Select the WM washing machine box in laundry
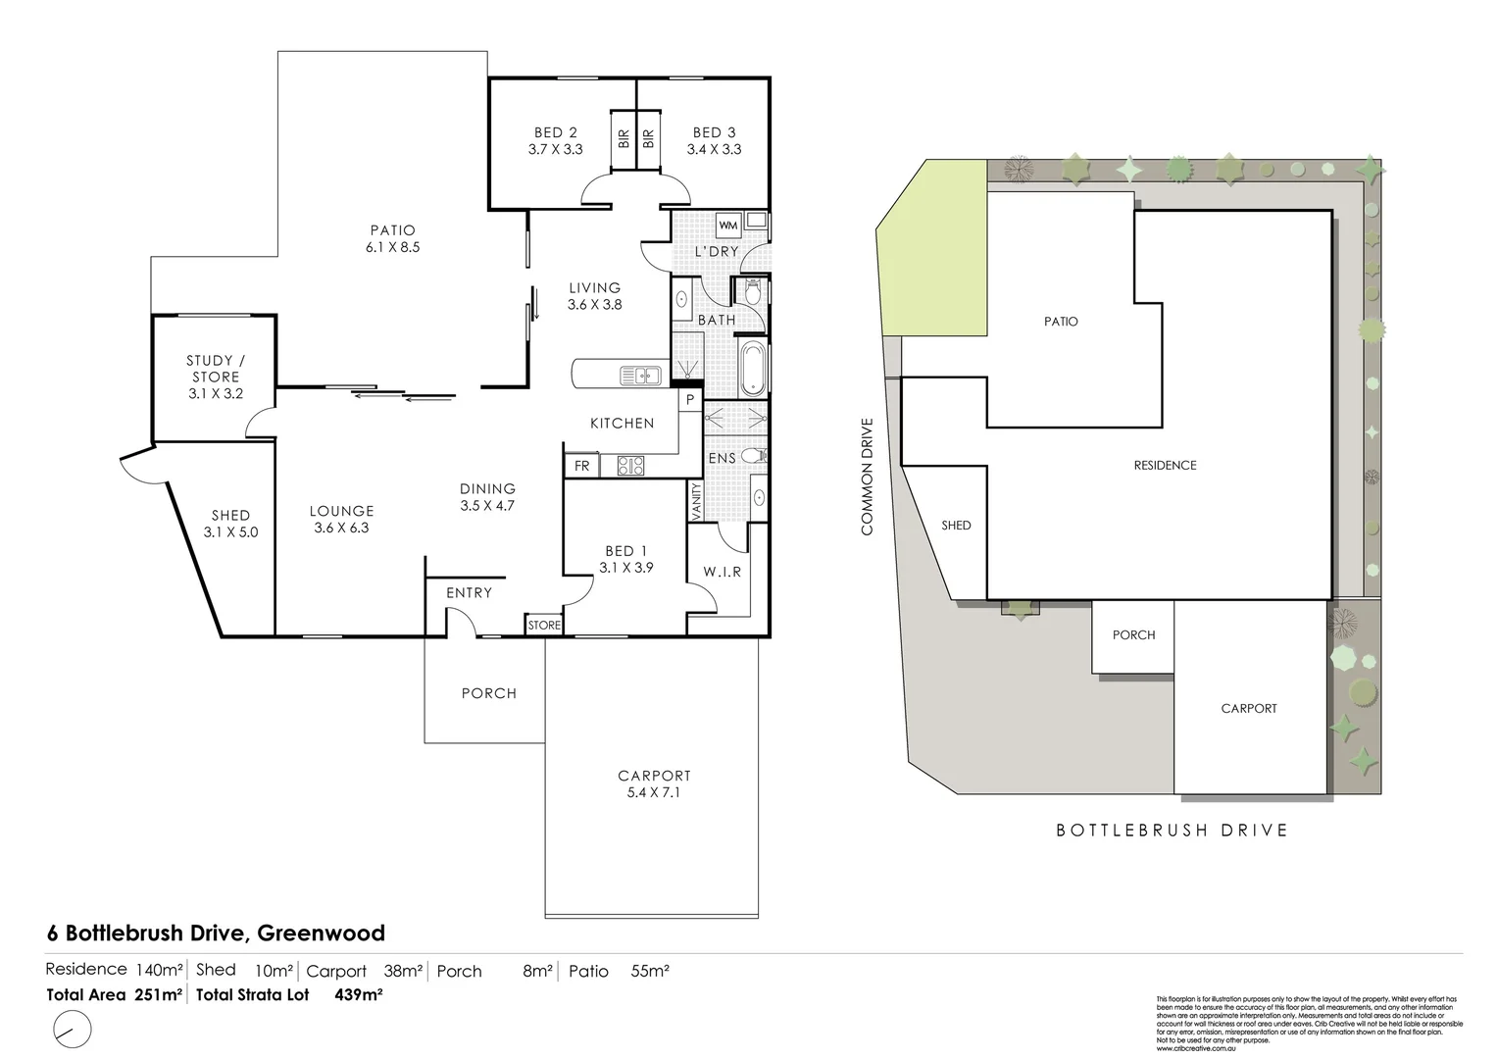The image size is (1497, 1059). point(727,226)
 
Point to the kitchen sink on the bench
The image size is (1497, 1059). point(639,375)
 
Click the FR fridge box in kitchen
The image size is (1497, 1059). point(582,466)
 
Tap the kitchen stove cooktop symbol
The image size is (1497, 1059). point(629,466)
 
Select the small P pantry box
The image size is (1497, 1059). point(689,400)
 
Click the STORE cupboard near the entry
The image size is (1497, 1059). point(544,625)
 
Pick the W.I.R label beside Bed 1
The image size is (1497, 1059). point(723,572)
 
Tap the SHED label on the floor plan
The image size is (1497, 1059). point(230,516)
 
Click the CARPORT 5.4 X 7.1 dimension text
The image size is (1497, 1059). point(653,792)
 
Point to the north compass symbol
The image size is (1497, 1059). point(69,1030)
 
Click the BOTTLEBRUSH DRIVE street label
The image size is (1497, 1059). point(1172,831)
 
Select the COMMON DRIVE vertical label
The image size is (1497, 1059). point(867,477)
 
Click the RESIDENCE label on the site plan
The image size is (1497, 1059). point(1165,466)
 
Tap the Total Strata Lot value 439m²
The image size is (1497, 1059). point(359,994)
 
